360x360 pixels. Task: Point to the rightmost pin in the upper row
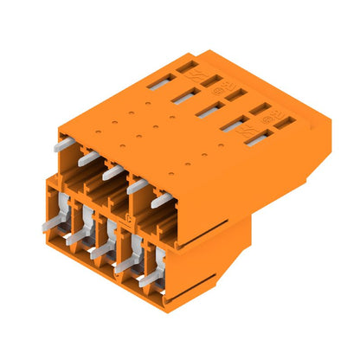[162, 201]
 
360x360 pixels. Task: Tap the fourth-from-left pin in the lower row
[126, 264]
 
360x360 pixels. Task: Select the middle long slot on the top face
[209, 110]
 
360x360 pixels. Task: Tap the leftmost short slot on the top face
[183, 65]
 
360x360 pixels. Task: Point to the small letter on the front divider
[130, 218]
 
